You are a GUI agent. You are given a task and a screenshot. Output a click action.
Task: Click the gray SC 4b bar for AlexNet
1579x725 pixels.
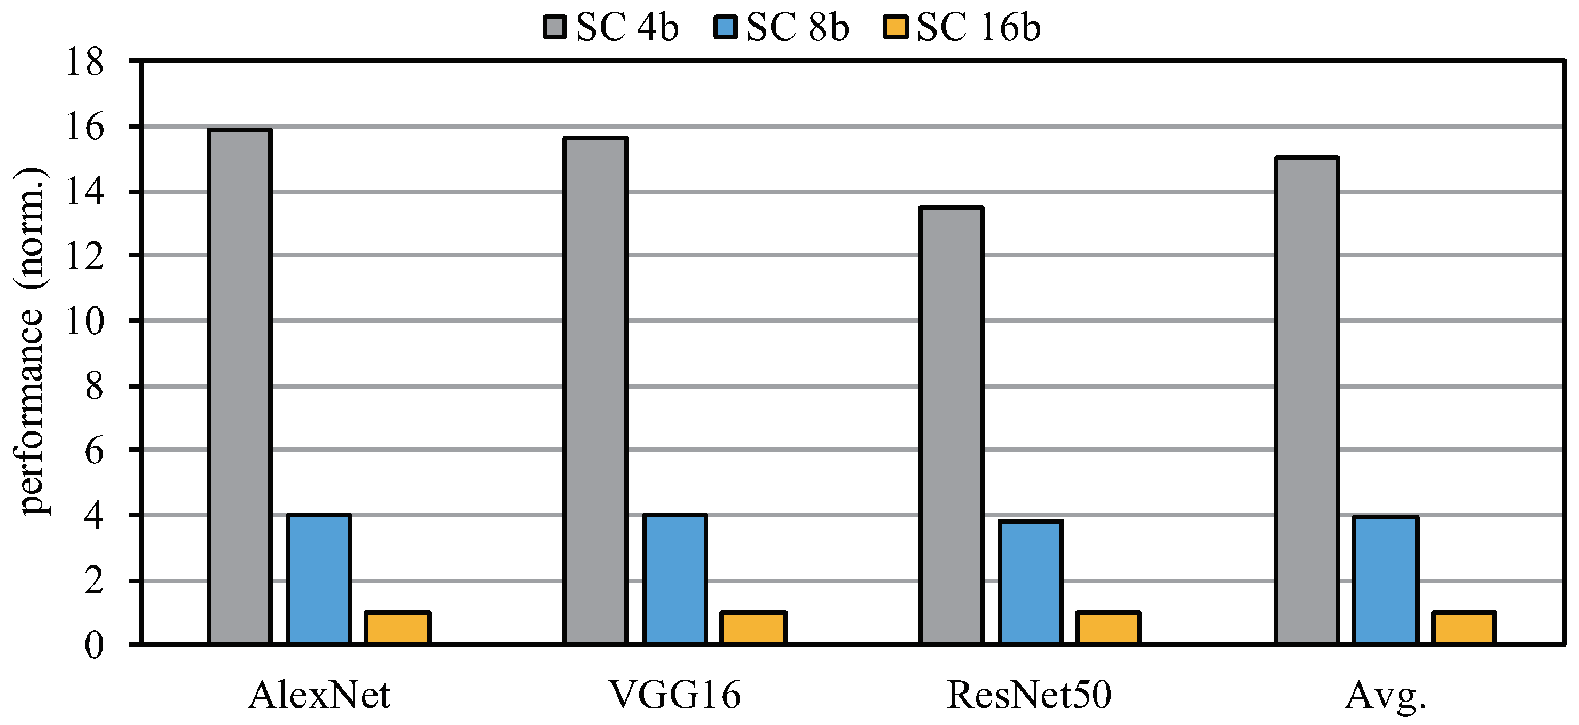(239, 386)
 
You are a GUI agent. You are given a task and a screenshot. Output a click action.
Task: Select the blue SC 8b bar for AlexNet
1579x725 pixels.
(319, 579)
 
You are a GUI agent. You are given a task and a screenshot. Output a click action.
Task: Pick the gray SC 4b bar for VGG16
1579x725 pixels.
(595, 390)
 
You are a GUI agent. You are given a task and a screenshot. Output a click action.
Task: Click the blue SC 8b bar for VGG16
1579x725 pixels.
(674, 579)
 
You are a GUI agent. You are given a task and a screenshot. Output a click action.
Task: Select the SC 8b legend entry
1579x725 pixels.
(782, 28)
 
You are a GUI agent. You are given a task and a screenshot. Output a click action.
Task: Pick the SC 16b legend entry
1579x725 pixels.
(962, 28)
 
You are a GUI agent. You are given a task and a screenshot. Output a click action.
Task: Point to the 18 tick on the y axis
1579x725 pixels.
(85, 62)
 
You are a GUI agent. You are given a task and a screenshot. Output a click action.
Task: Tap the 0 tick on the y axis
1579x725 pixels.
(94, 645)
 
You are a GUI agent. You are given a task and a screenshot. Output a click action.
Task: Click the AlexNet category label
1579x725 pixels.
(319, 695)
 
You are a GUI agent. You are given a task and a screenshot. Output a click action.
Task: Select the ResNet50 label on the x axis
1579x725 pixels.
(1029, 695)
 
